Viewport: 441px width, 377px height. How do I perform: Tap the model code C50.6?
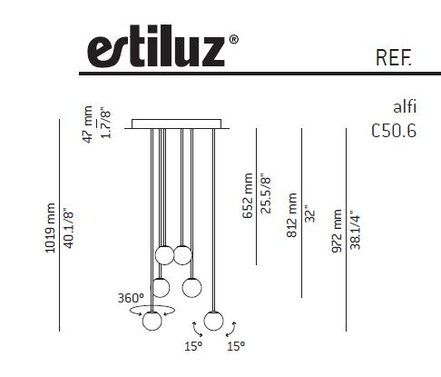pyautogui.click(x=394, y=130)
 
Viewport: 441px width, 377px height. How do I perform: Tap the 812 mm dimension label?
pyautogui.click(x=292, y=215)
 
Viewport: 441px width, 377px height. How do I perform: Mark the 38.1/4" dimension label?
pyautogui.click(x=355, y=232)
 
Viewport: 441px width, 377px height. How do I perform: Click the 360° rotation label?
pyautogui.click(x=130, y=297)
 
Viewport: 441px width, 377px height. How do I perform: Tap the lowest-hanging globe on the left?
pyautogui.click(x=152, y=320)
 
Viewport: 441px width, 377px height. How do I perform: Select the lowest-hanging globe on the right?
pyautogui.click(x=214, y=320)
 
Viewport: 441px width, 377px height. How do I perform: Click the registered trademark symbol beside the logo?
pyautogui.click(x=234, y=40)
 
